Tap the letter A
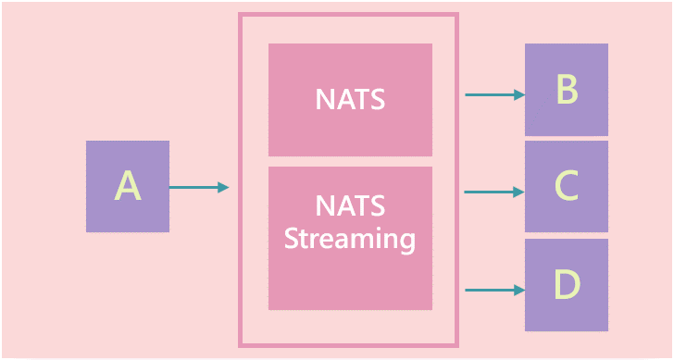tap(128, 186)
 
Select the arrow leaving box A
tap(194, 188)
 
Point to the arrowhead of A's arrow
tap(223, 188)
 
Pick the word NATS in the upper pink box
tap(350, 100)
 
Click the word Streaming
tap(350, 239)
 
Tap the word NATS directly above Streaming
tap(350, 205)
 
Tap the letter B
tap(567, 90)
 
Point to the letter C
tap(567, 187)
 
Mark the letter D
tap(567, 285)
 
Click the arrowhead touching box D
tap(518, 291)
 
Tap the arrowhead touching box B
tap(518, 94)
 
